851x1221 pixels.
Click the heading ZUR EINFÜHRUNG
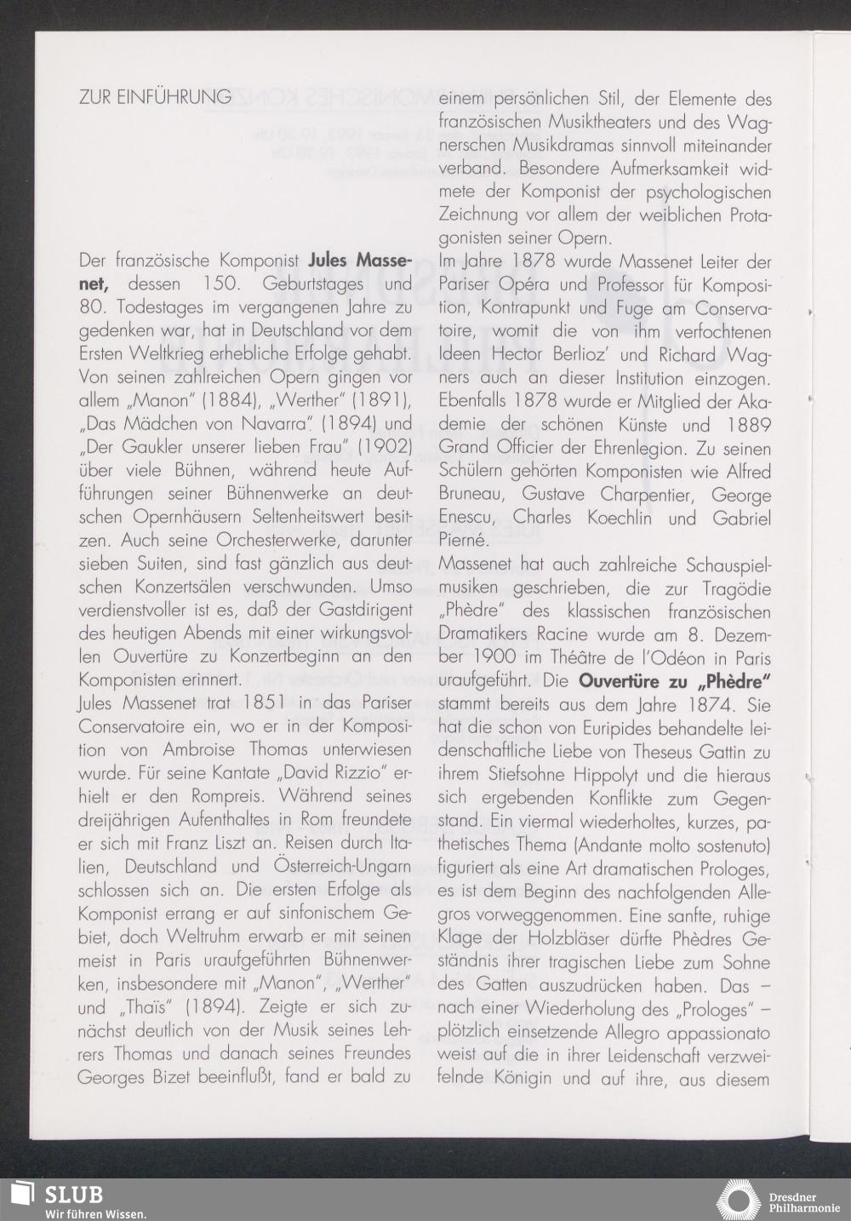click(x=155, y=97)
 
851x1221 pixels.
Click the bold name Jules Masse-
click(x=360, y=260)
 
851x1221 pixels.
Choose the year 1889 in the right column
click(x=749, y=425)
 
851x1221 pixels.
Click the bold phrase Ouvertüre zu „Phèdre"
click(x=676, y=681)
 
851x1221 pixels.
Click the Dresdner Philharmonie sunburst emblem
click(x=740, y=1200)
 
